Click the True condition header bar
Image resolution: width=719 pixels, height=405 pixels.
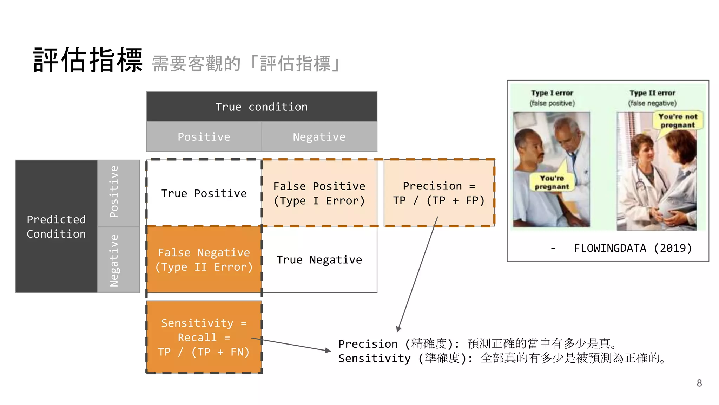tap(262, 107)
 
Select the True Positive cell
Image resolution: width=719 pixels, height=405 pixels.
tap(204, 193)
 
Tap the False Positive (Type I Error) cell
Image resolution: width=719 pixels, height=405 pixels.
tap(319, 193)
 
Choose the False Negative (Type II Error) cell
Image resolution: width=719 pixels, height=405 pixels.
tap(204, 259)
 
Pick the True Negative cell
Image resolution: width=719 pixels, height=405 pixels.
tap(319, 259)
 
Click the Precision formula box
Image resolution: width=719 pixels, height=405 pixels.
tap(439, 193)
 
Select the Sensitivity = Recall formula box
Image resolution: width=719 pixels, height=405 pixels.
tap(204, 337)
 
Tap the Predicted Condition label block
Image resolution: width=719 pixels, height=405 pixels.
tap(56, 226)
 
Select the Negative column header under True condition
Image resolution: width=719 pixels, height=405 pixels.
tap(319, 136)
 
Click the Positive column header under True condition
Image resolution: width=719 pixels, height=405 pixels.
tap(204, 136)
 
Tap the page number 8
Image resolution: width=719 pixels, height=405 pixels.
tap(699, 383)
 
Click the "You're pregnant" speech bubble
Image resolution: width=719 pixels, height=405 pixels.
tap(552, 182)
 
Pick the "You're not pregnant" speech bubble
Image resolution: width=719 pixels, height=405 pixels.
tap(678, 121)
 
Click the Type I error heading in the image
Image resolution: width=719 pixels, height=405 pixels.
tap(552, 93)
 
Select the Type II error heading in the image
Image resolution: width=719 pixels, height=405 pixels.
tap(652, 93)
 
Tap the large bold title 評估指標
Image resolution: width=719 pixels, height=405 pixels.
tap(88, 60)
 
